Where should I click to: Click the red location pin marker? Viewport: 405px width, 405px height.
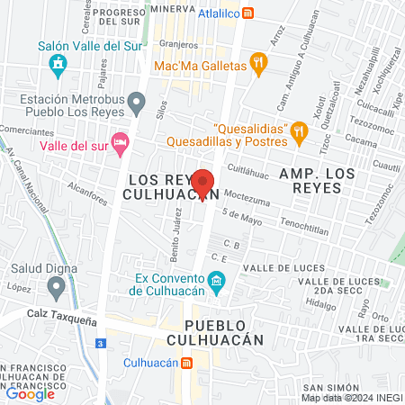(x=203, y=184)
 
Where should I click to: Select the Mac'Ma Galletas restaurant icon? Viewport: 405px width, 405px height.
(x=259, y=64)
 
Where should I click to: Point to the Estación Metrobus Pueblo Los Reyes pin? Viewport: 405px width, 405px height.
(x=136, y=104)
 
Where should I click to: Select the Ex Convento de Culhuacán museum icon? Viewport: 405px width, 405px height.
(x=217, y=285)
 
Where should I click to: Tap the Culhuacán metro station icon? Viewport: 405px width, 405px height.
(x=186, y=363)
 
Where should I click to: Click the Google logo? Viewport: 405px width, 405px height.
(x=30, y=393)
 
